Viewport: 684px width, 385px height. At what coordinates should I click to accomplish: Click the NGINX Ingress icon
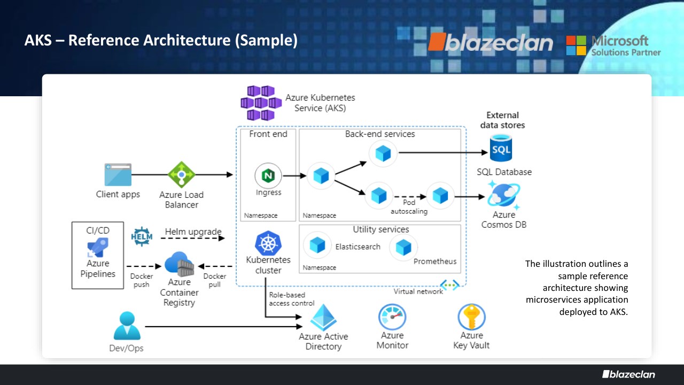coord(268,175)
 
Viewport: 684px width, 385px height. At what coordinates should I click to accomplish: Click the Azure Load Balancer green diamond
coord(182,175)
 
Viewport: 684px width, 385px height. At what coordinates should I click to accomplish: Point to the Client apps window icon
coord(118,175)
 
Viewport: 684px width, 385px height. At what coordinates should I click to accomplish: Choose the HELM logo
coord(142,236)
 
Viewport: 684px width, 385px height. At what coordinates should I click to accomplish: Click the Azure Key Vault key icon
coord(471,317)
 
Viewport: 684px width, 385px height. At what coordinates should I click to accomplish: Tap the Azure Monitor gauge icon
coord(392,317)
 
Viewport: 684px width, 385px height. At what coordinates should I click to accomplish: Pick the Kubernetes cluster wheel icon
coord(268,243)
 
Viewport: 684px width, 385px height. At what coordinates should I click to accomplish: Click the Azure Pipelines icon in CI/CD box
coord(98,248)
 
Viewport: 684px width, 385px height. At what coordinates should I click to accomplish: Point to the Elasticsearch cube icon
coord(317,246)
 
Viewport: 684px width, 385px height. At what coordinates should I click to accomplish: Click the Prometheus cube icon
coord(403,247)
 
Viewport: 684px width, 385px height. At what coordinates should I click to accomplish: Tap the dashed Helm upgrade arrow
coord(192,238)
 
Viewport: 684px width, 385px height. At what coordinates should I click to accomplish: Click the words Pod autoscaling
coord(409,207)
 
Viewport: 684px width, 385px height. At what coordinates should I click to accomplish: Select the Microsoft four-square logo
coord(576,45)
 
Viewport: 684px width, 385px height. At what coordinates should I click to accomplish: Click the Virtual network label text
coord(418,291)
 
